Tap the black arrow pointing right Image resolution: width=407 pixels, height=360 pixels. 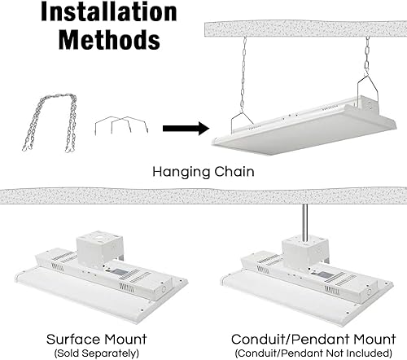(x=180, y=128)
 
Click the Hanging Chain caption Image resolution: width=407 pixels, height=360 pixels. (x=203, y=173)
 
